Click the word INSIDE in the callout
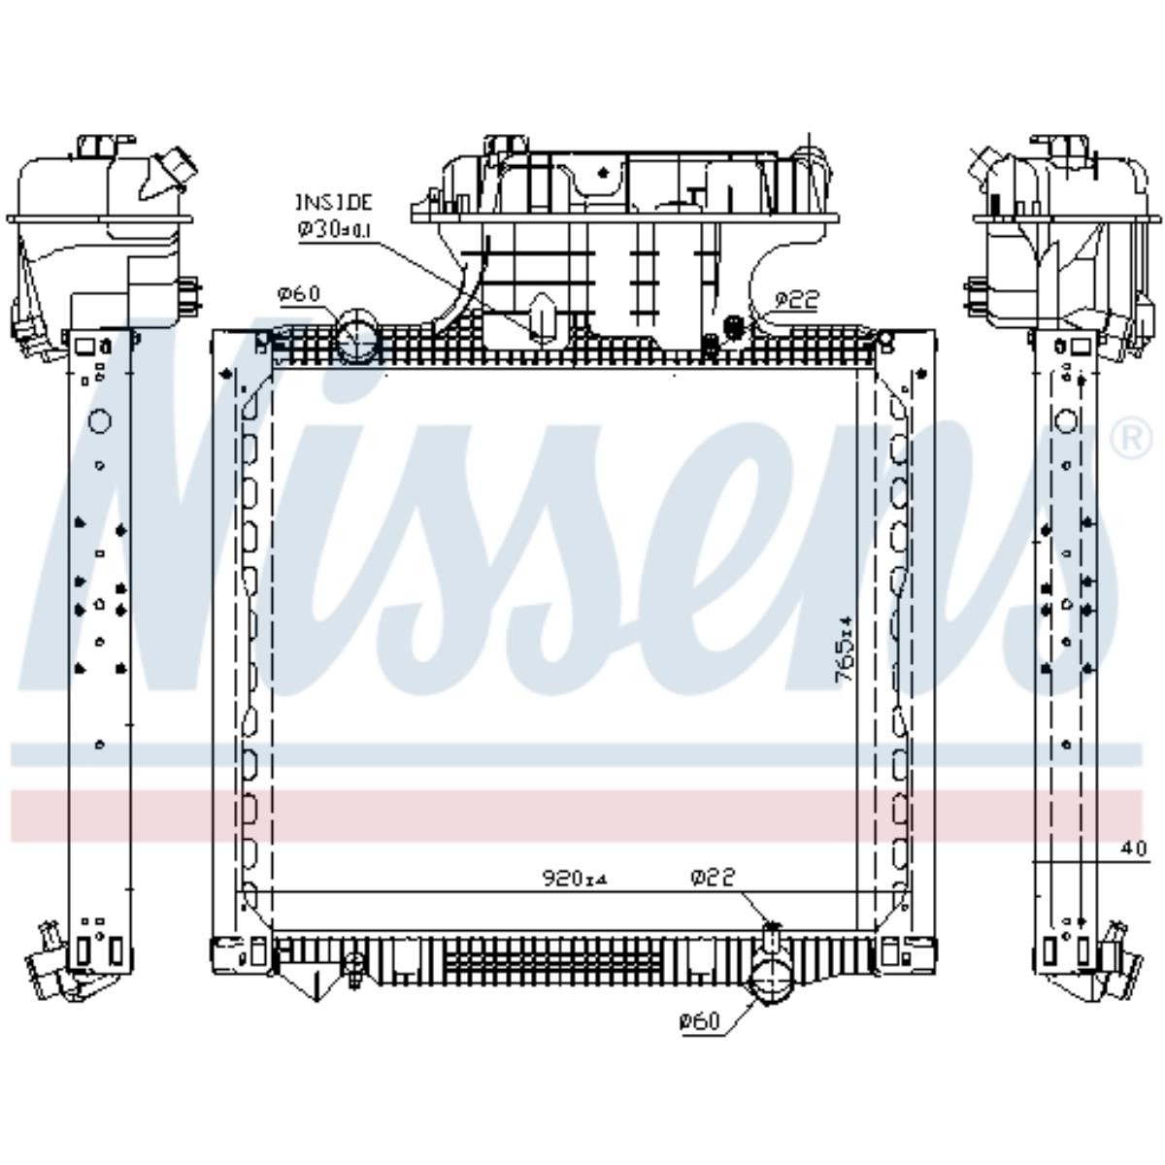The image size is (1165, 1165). pos(333,203)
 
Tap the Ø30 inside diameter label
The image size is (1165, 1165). pos(332,228)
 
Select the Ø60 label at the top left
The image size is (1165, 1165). pos(298,294)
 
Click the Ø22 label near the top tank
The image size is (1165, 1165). pos(796,300)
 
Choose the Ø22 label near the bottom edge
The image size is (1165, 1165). pos(713,878)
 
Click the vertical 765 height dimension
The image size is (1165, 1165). pos(845,649)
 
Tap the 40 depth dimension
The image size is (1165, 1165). pos(1133,848)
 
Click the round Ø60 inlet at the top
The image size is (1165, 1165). pos(356,337)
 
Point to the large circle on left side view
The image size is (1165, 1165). pos(99,421)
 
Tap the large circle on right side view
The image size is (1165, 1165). pos(1066,421)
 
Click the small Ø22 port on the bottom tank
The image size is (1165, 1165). pos(772,936)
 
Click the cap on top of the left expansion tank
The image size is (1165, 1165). pos(97,147)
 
